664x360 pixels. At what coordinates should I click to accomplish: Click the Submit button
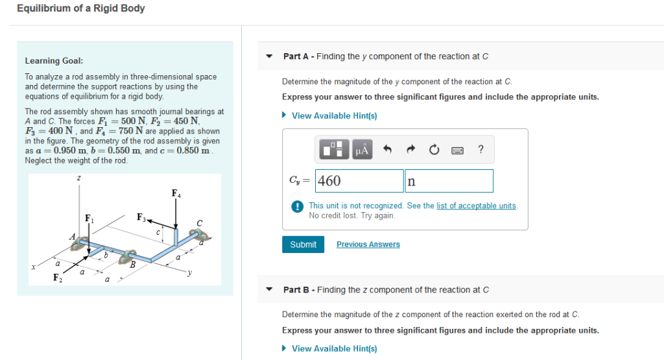point(303,245)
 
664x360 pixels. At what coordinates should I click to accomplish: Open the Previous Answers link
point(368,245)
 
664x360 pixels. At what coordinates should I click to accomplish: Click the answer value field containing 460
point(359,181)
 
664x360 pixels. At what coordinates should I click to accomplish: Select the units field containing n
point(449,181)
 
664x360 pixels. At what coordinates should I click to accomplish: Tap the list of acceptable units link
point(477,206)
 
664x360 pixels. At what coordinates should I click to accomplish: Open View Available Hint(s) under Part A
point(334,115)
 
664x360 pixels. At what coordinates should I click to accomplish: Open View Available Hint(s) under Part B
point(334,348)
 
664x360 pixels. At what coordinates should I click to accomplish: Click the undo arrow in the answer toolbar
point(387,150)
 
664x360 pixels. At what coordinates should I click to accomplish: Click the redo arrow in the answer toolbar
point(410,150)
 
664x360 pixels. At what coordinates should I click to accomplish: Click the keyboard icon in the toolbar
point(456,150)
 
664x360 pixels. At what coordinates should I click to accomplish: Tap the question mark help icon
point(480,150)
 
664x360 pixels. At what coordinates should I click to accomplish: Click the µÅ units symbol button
point(361,150)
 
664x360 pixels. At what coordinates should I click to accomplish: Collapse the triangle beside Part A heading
point(270,56)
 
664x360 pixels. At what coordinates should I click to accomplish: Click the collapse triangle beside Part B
point(270,290)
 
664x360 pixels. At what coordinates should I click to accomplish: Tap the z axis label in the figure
point(78,178)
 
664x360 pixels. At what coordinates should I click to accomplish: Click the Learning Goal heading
point(54,61)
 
